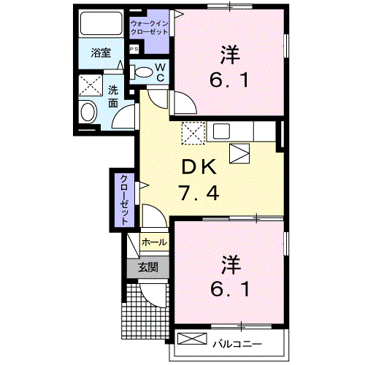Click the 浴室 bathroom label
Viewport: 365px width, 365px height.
click(x=101, y=53)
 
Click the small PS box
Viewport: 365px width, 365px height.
click(x=134, y=49)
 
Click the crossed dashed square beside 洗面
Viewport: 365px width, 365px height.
click(x=91, y=86)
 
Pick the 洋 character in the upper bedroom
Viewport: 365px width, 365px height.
click(x=230, y=53)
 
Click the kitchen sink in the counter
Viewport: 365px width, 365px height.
click(x=222, y=131)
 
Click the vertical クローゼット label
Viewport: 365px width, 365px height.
click(x=125, y=199)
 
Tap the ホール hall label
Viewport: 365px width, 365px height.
click(x=153, y=242)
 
